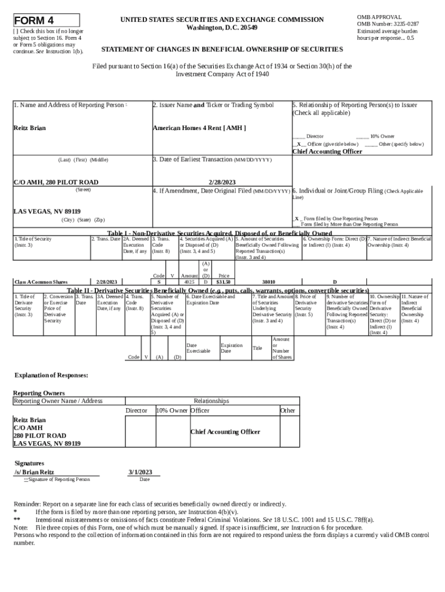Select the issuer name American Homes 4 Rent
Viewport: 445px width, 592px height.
199,128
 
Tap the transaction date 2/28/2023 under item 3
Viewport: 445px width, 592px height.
222,182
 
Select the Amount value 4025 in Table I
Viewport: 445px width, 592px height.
189,282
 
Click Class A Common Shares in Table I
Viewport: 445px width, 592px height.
41,282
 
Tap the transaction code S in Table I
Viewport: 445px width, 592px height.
159,282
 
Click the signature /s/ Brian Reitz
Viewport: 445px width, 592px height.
34,472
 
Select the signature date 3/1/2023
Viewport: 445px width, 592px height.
140,472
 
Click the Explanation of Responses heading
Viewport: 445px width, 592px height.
51,375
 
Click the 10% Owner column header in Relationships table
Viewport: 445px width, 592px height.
172,410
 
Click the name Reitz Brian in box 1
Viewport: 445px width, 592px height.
29,128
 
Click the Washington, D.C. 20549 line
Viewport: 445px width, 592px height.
222,28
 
